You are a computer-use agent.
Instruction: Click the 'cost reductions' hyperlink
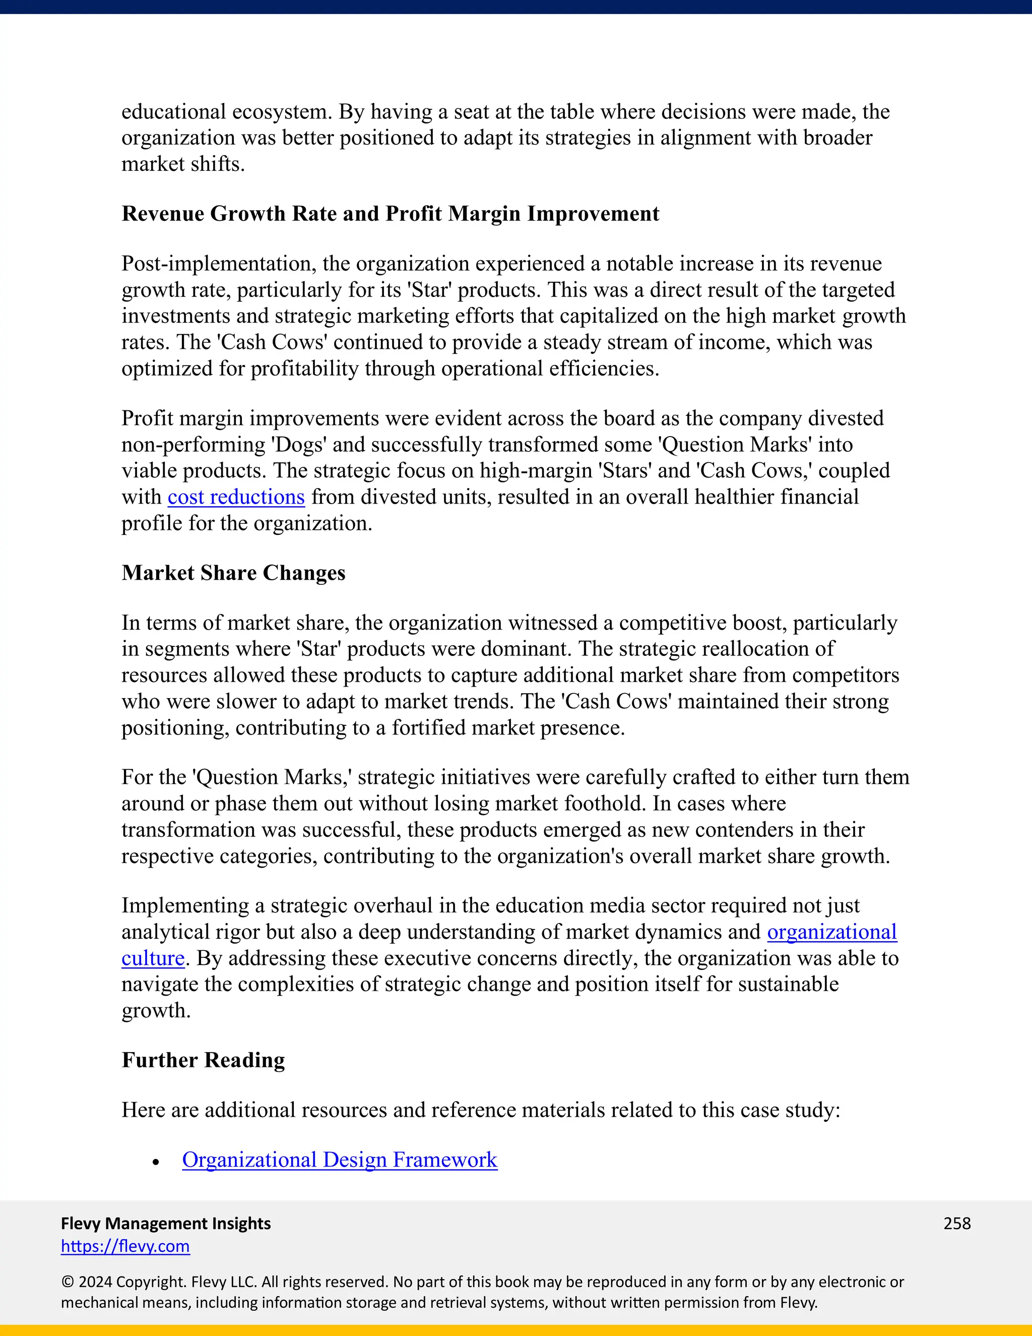(236, 497)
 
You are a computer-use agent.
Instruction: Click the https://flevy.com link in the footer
(125, 1246)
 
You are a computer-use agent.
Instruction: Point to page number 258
(957, 1224)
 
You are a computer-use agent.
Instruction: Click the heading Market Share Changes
(233, 573)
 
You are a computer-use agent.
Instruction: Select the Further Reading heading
(203, 1060)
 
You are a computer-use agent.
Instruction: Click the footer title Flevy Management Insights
(166, 1224)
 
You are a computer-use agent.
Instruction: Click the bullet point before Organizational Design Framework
(157, 1162)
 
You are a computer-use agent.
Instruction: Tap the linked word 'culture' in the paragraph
(153, 958)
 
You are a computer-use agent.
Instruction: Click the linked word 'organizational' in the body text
(831, 932)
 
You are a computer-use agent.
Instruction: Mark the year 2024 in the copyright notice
(95, 1282)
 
